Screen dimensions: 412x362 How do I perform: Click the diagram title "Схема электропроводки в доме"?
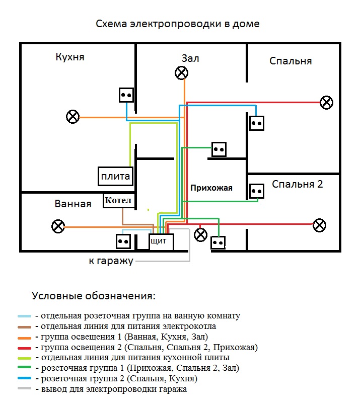point(178,24)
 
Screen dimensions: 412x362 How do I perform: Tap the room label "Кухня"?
point(70,57)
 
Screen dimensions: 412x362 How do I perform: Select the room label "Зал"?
point(190,58)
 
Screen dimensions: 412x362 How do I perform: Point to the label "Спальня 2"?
point(297,184)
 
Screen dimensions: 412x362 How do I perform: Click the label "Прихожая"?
point(211,188)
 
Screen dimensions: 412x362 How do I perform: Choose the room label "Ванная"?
point(73,204)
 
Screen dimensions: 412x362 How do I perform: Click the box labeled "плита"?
point(115,177)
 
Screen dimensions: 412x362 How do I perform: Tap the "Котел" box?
point(119,201)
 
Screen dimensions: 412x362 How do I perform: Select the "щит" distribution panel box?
point(161,242)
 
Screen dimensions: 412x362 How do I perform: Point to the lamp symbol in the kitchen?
point(73,117)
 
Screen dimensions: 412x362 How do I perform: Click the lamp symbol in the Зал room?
point(181,73)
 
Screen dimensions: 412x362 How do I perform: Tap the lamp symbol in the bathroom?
point(58,226)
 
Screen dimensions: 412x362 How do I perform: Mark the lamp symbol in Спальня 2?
point(319,225)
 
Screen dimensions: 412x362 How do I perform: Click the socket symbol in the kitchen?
point(126,94)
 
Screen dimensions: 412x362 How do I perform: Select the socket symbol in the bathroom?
point(123,241)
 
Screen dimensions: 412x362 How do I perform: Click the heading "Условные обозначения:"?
point(94,296)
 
